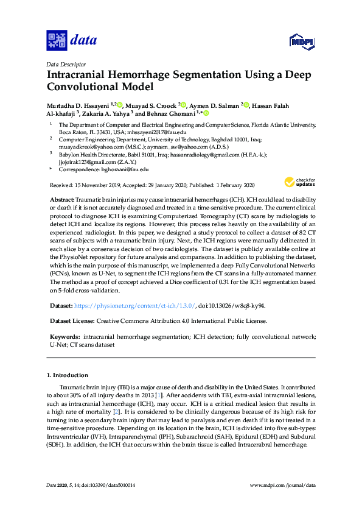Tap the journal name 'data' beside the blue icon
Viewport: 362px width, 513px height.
coord(83,41)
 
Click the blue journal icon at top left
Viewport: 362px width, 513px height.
coord(57,41)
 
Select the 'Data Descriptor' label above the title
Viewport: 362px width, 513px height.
coord(66,64)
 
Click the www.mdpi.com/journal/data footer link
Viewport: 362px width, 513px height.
coord(282,484)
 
